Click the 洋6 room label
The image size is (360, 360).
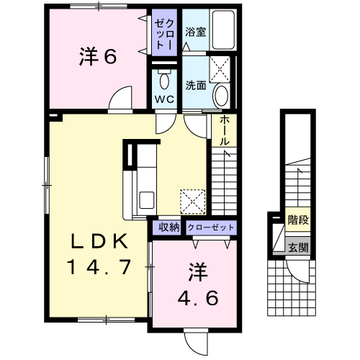(x=98, y=57)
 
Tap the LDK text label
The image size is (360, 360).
(x=99, y=241)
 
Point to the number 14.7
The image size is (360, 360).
(x=99, y=267)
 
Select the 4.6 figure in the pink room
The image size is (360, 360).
(x=198, y=297)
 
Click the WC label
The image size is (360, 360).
(x=164, y=99)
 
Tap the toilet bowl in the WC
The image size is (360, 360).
(x=164, y=80)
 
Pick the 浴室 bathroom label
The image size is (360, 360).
(x=196, y=32)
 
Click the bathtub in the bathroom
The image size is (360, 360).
(x=223, y=30)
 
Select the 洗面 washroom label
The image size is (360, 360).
(x=196, y=85)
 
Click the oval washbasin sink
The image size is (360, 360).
(x=221, y=96)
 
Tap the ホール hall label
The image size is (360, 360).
(x=225, y=131)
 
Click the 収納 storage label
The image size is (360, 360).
(x=169, y=227)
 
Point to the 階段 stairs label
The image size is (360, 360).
(x=298, y=220)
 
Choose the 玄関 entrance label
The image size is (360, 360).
(x=298, y=248)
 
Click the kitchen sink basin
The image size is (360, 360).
(x=147, y=200)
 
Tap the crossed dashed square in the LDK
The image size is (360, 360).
(x=193, y=202)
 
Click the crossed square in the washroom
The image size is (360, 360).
(x=220, y=69)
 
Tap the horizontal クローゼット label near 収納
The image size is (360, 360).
(x=211, y=227)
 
